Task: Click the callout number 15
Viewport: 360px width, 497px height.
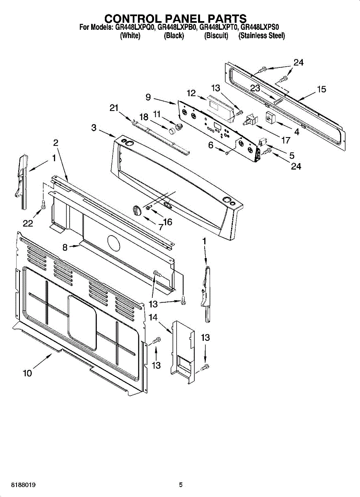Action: (321, 89)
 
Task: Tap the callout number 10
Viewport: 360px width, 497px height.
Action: (27, 373)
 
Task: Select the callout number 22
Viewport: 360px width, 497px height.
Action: (28, 223)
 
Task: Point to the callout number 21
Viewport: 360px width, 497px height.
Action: (114, 108)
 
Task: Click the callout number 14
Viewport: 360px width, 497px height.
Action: (153, 318)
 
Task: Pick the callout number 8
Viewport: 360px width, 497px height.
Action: (65, 248)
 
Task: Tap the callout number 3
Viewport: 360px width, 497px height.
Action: (94, 128)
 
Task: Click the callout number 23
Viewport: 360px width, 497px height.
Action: (255, 88)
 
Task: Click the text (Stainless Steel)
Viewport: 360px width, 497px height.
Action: (261, 36)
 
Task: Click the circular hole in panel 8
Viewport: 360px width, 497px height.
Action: (113, 243)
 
